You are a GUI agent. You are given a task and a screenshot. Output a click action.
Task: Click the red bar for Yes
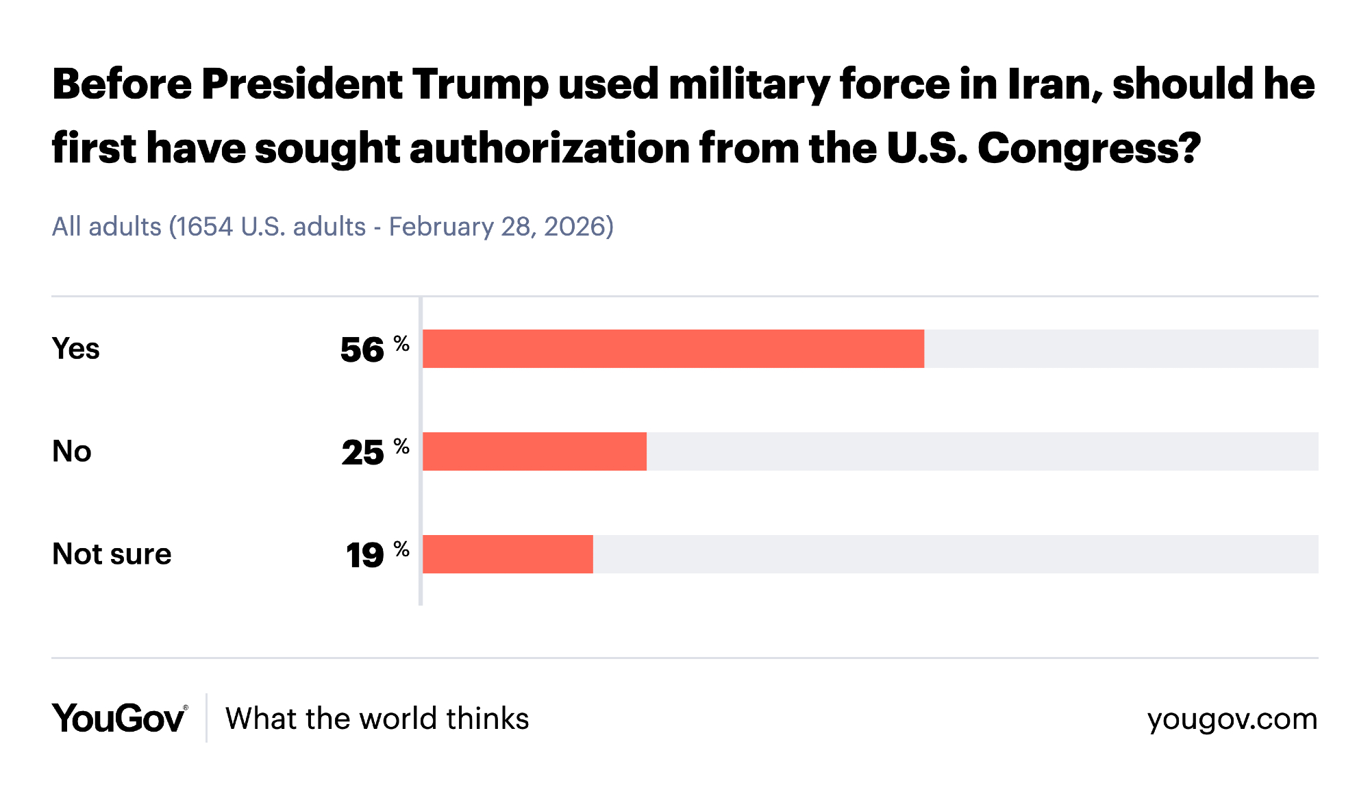click(x=673, y=349)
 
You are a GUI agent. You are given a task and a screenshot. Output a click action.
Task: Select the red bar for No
click(x=534, y=451)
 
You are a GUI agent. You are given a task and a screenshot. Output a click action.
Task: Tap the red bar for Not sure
click(x=508, y=554)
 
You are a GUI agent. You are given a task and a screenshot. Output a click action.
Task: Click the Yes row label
click(x=76, y=349)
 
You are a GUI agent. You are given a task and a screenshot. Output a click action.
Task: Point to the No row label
click(x=72, y=451)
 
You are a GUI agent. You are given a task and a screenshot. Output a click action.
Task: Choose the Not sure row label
click(x=112, y=554)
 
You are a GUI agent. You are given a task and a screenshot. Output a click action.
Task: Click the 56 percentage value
click(x=362, y=350)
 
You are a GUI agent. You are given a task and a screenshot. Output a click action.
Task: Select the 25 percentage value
click(x=363, y=453)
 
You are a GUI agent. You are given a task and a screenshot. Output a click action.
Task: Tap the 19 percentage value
click(x=365, y=555)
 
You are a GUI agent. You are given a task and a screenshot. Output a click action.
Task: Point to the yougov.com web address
click(x=1232, y=719)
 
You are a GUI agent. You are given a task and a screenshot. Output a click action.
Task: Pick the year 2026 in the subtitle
click(x=574, y=227)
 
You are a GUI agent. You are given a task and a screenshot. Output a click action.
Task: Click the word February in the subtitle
click(x=441, y=227)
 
